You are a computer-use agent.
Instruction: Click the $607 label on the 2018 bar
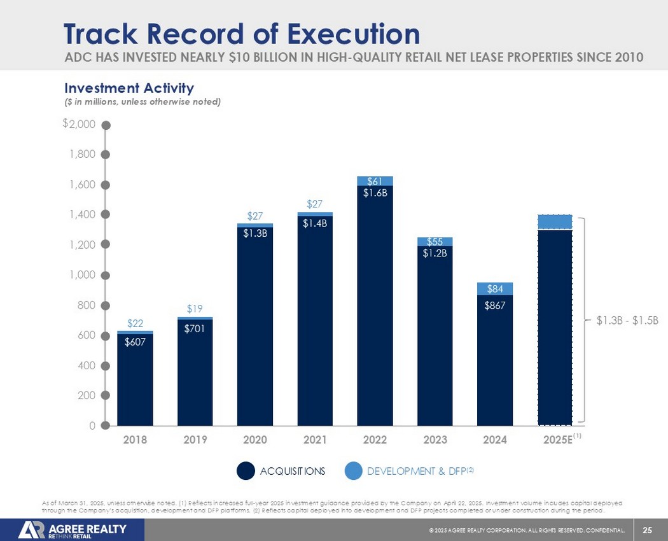(135, 341)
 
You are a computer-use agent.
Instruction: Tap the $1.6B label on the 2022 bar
(375, 193)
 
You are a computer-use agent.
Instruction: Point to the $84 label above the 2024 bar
(495, 289)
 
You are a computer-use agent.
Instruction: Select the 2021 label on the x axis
(315, 439)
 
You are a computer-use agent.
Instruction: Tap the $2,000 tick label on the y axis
(80, 124)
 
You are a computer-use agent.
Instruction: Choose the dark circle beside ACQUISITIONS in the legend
(246, 471)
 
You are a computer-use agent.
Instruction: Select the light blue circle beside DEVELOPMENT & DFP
(353, 471)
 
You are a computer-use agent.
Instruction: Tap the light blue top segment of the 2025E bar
(555, 221)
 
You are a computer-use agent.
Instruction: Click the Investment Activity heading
(127, 87)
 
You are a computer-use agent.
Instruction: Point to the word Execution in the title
(356, 33)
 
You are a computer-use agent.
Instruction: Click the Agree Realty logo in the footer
(73, 530)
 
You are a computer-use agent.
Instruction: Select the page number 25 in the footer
(648, 530)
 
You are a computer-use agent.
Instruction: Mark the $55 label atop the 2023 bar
(435, 242)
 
